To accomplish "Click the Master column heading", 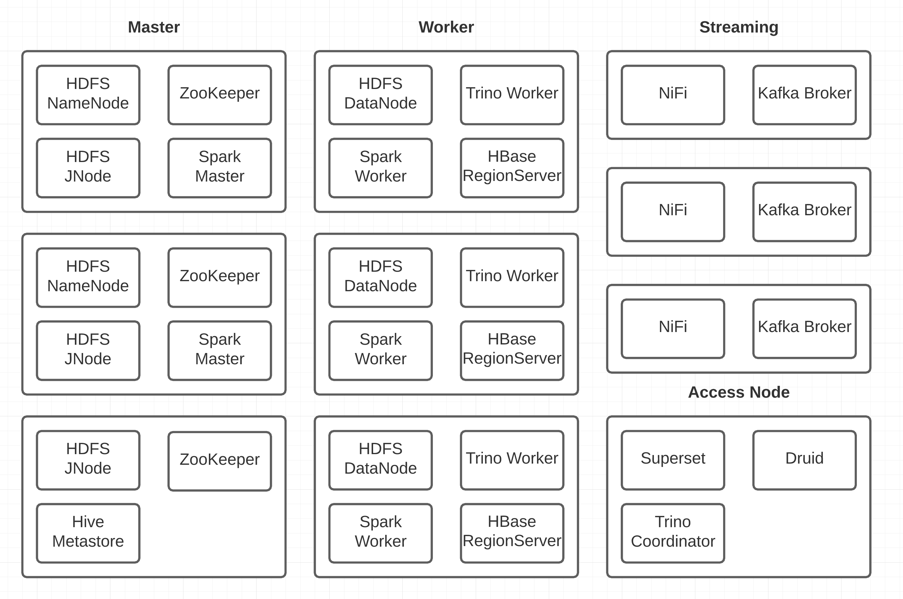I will point(154,27).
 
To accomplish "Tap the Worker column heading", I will point(446,27).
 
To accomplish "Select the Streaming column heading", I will point(738,27).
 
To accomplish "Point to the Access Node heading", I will point(738,392).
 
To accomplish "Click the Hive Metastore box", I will point(88,533).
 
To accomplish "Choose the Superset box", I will point(673,460).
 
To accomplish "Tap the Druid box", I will point(804,460).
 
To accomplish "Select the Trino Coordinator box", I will point(673,533).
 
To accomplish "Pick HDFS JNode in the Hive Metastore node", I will point(88,460).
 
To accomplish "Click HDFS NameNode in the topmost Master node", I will point(88,95).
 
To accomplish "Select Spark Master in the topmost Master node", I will point(220,168).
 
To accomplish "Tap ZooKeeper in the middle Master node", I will point(220,277).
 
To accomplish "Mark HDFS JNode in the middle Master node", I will point(88,350).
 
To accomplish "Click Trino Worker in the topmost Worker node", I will point(512,95).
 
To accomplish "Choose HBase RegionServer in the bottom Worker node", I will point(512,533).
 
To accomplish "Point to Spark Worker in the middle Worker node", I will point(380,350).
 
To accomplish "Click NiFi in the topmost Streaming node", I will point(673,95).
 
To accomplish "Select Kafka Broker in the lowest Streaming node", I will point(804,328).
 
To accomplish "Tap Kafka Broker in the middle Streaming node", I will point(804,212).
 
